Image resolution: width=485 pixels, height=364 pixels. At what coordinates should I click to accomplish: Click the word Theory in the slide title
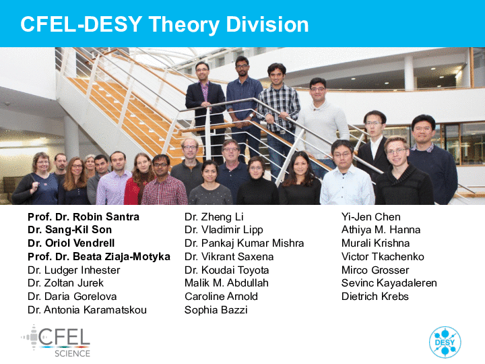click(184, 25)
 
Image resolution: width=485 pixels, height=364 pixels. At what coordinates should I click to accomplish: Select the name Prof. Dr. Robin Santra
click(84, 216)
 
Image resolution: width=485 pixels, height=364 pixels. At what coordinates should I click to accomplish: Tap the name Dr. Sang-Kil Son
click(69, 230)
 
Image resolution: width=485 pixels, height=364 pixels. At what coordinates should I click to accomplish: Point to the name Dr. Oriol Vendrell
click(71, 243)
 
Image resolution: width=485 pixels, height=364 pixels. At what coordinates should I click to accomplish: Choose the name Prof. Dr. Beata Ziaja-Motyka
click(99, 257)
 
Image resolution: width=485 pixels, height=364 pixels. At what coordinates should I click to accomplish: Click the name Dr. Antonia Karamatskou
click(87, 310)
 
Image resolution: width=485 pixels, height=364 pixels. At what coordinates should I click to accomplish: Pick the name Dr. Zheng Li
click(214, 216)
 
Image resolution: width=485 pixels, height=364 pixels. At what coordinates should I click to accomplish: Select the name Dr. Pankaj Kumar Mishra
click(244, 243)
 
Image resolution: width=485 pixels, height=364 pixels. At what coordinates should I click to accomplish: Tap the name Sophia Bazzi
click(216, 310)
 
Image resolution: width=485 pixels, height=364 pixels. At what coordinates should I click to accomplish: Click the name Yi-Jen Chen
click(371, 216)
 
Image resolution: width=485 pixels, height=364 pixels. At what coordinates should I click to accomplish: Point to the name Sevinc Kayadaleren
click(389, 283)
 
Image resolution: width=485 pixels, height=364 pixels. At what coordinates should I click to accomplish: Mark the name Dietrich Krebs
click(375, 297)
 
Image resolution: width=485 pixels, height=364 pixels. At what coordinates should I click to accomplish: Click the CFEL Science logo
click(56, 341)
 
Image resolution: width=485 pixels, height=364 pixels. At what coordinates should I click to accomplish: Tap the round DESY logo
click(445, 342)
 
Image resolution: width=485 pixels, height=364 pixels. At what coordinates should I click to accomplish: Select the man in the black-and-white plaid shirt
click(280, 115)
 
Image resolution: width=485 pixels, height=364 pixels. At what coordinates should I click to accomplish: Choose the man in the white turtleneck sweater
click(322, 124)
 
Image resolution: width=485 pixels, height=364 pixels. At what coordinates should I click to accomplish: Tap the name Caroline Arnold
click(221, 297)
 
